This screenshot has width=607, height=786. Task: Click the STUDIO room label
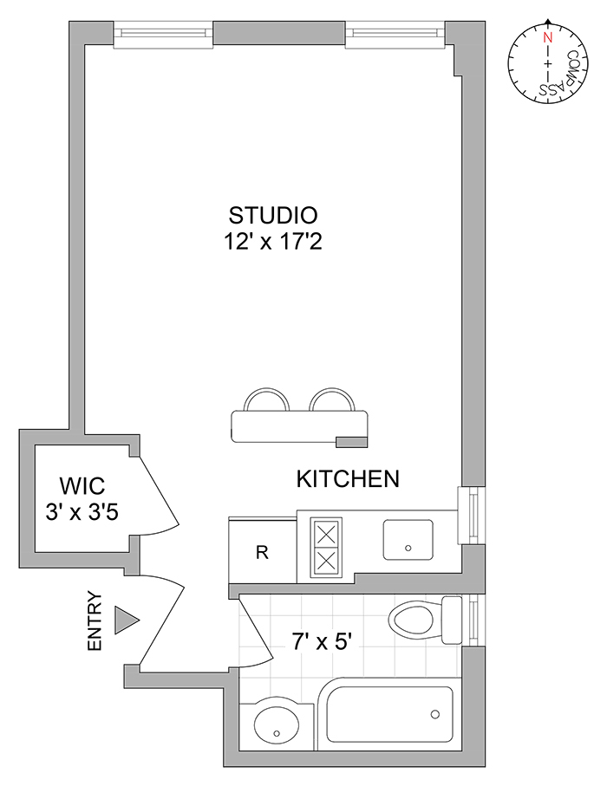click(x=273, y=214)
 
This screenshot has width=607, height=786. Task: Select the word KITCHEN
click(x=348, y=478)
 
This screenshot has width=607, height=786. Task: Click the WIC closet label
click(x=82, y=485)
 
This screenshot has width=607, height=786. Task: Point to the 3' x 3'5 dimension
click(x=82, y=511)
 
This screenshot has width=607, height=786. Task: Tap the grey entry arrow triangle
click(x=127, y=620)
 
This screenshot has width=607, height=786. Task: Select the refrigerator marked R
click(x=262, y=552)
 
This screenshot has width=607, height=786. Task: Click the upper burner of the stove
click(x=326, y=532)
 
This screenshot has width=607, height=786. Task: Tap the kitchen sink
click(x=408, y=540)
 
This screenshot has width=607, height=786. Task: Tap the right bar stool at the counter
click(x=332, y=401)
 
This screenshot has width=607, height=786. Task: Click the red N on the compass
click(x=547, y=38)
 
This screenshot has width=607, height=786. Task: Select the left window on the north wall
click(x=163, y=34)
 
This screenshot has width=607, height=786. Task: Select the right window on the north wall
click(x=395, y=34)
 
